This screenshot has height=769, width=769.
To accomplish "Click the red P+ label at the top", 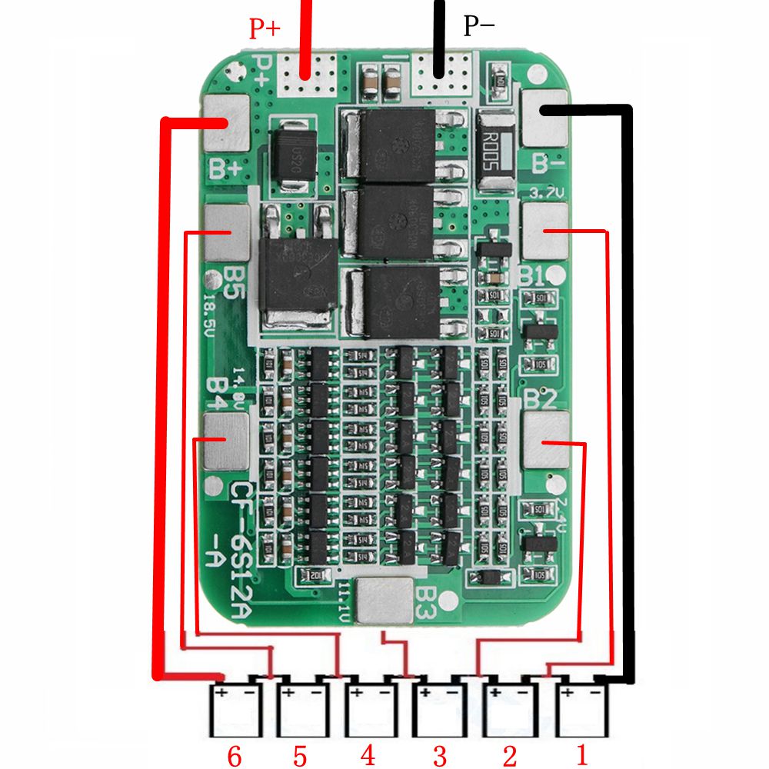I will coord(265,29).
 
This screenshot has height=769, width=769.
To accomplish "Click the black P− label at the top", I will coord(478,26).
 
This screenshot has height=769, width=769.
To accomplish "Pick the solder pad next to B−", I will coord(544,118).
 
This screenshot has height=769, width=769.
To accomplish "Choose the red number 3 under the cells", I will coord(438,755).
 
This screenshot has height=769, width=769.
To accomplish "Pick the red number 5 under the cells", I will coord(299,755).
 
